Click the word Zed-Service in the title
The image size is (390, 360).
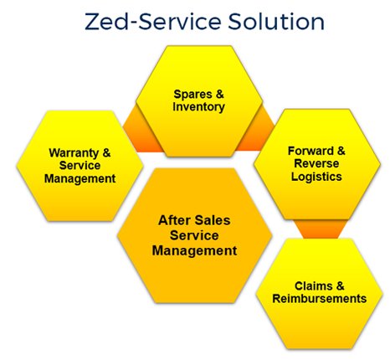pos(153,22)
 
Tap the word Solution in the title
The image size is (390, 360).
pos(276,22)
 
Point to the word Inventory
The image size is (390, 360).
pos(198,107)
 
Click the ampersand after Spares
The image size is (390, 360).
pos(220,94)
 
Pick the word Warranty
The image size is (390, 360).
pos(74,153)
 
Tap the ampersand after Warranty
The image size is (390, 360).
pos(106,152)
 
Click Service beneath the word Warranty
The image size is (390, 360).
pos(80,166)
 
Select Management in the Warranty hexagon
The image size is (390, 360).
pos(80,179)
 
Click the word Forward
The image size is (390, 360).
pos(310,151)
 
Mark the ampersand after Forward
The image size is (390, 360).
pos(341,151)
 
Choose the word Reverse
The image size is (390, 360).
pos(316,163)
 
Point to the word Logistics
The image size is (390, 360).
pos(316,177)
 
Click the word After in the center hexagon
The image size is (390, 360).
pos(174,220)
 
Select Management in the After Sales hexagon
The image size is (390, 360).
pos(195,251)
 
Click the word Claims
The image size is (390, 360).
pos(314,286)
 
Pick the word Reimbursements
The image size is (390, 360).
pos(320,299)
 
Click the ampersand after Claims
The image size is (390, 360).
pos(340,286)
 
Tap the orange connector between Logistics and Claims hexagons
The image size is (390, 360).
pos(321,229)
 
